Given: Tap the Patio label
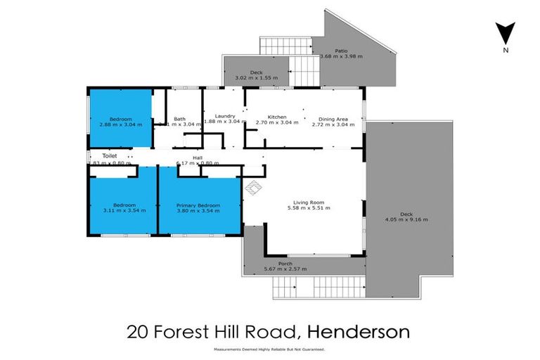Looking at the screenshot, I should pyautogui.click(x=342, y=51).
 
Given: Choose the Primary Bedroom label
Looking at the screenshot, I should pyautogui.click(x=198, y=205).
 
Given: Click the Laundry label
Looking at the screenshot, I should pyautogui.click(x=224, y=116).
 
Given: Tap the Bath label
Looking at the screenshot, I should pyautogui.click(x=180, y=119).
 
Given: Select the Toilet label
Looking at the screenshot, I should pyautogui.click(x=109, y=156).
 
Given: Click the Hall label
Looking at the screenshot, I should pyautogui.click(x=198, y=158).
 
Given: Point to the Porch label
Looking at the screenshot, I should pyautogui.click(x=285, y=264).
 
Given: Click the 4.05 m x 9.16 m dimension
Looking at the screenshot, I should pyautogui.click(x=406, y=219).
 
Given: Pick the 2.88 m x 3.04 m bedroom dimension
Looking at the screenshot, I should pyautogui.click(x=120, y=124).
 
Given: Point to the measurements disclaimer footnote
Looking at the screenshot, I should pyautogui.click(x=269, y=349).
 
